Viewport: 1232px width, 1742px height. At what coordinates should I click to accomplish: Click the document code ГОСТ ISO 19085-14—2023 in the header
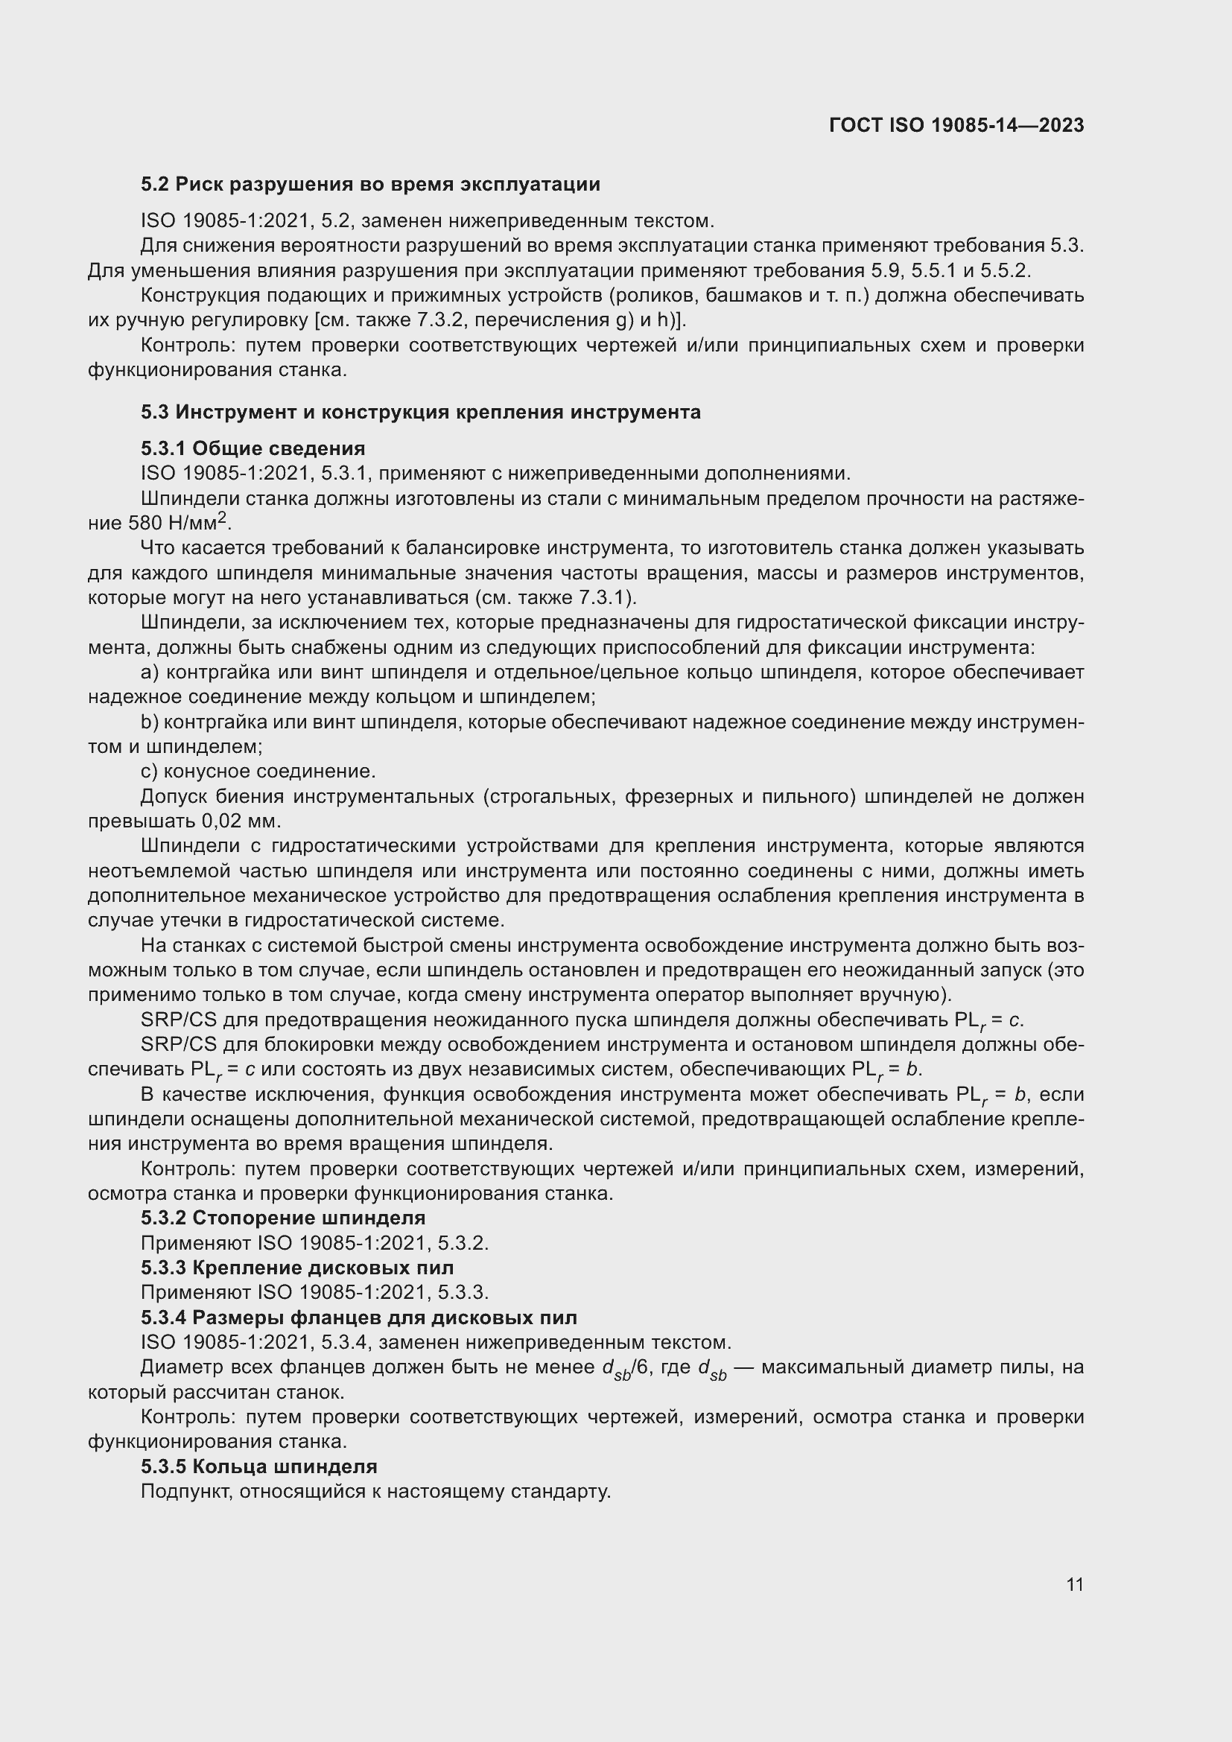point(956,125)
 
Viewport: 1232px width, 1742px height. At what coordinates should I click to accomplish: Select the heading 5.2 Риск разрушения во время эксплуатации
point(370,185)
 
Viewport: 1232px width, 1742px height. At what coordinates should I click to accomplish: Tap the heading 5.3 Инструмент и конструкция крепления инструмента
point(420,412)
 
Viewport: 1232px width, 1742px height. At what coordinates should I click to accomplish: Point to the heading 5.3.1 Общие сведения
point(253,448)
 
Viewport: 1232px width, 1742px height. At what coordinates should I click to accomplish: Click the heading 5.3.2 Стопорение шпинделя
point(283,1218)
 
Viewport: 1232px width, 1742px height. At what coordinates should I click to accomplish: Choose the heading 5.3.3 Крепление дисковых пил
point(297,1268)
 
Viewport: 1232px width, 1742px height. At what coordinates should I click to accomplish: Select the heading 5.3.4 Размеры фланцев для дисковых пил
point(359,1318)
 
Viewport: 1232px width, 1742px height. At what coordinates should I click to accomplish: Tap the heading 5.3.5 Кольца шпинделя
point(258,1466)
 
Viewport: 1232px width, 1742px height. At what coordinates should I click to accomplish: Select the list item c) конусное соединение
point(258,772)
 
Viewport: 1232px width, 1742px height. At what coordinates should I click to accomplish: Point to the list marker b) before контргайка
point(150,722)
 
